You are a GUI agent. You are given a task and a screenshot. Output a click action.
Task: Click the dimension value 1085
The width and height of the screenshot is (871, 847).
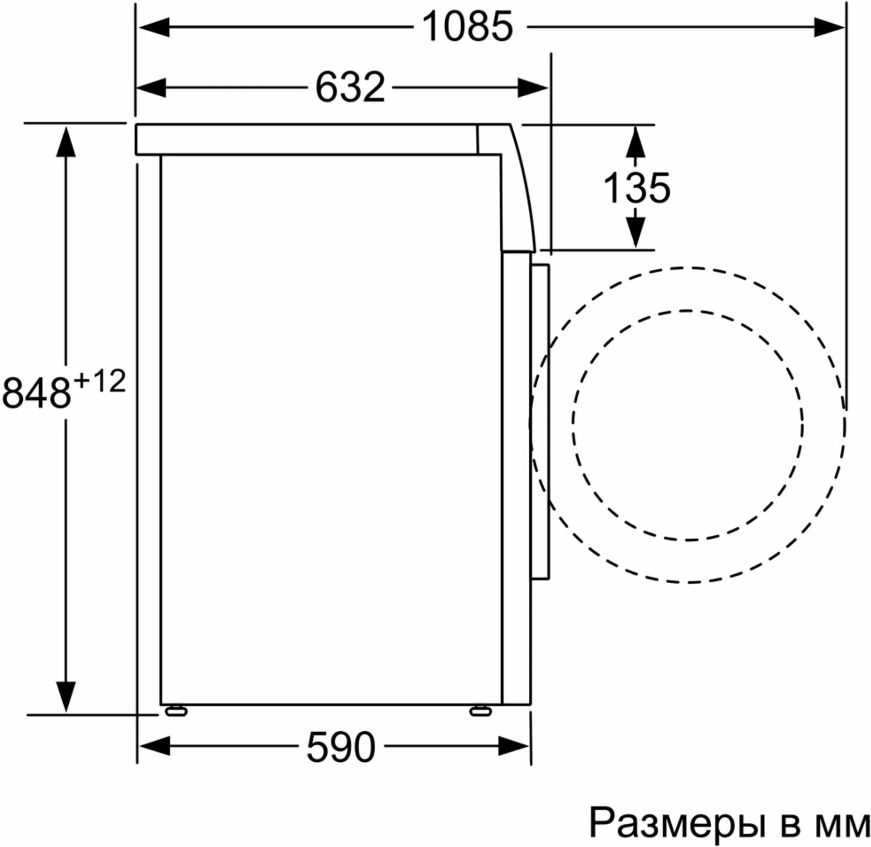(467, 27)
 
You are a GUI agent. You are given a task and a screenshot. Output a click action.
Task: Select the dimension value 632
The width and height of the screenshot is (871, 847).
(350, 87)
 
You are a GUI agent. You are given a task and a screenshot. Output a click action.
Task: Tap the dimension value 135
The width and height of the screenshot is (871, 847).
(637, 187)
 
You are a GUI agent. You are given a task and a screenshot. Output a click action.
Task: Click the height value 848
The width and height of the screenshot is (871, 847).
(37, 392)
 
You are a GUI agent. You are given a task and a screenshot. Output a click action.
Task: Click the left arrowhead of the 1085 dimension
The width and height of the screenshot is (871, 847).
(154, 27)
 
